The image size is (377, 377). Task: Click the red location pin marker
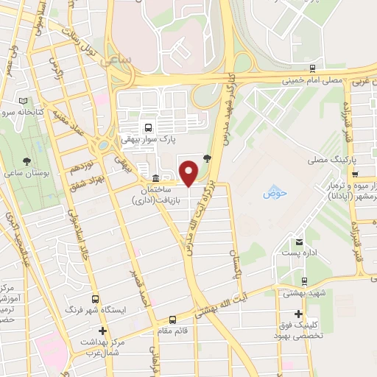click(190, 173)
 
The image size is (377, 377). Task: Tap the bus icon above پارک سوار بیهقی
click(150, 127)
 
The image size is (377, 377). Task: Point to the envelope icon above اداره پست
click(299, 242)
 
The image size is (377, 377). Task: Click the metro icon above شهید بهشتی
click(305, 281)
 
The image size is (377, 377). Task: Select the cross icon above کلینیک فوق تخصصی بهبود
click(297, 314)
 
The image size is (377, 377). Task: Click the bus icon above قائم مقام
click(172, 320)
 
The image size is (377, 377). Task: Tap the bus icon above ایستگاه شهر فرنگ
click(95, 300)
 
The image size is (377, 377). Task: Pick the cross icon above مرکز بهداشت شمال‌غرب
click(103, 331)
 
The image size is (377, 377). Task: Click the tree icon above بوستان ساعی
click(27, 161)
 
